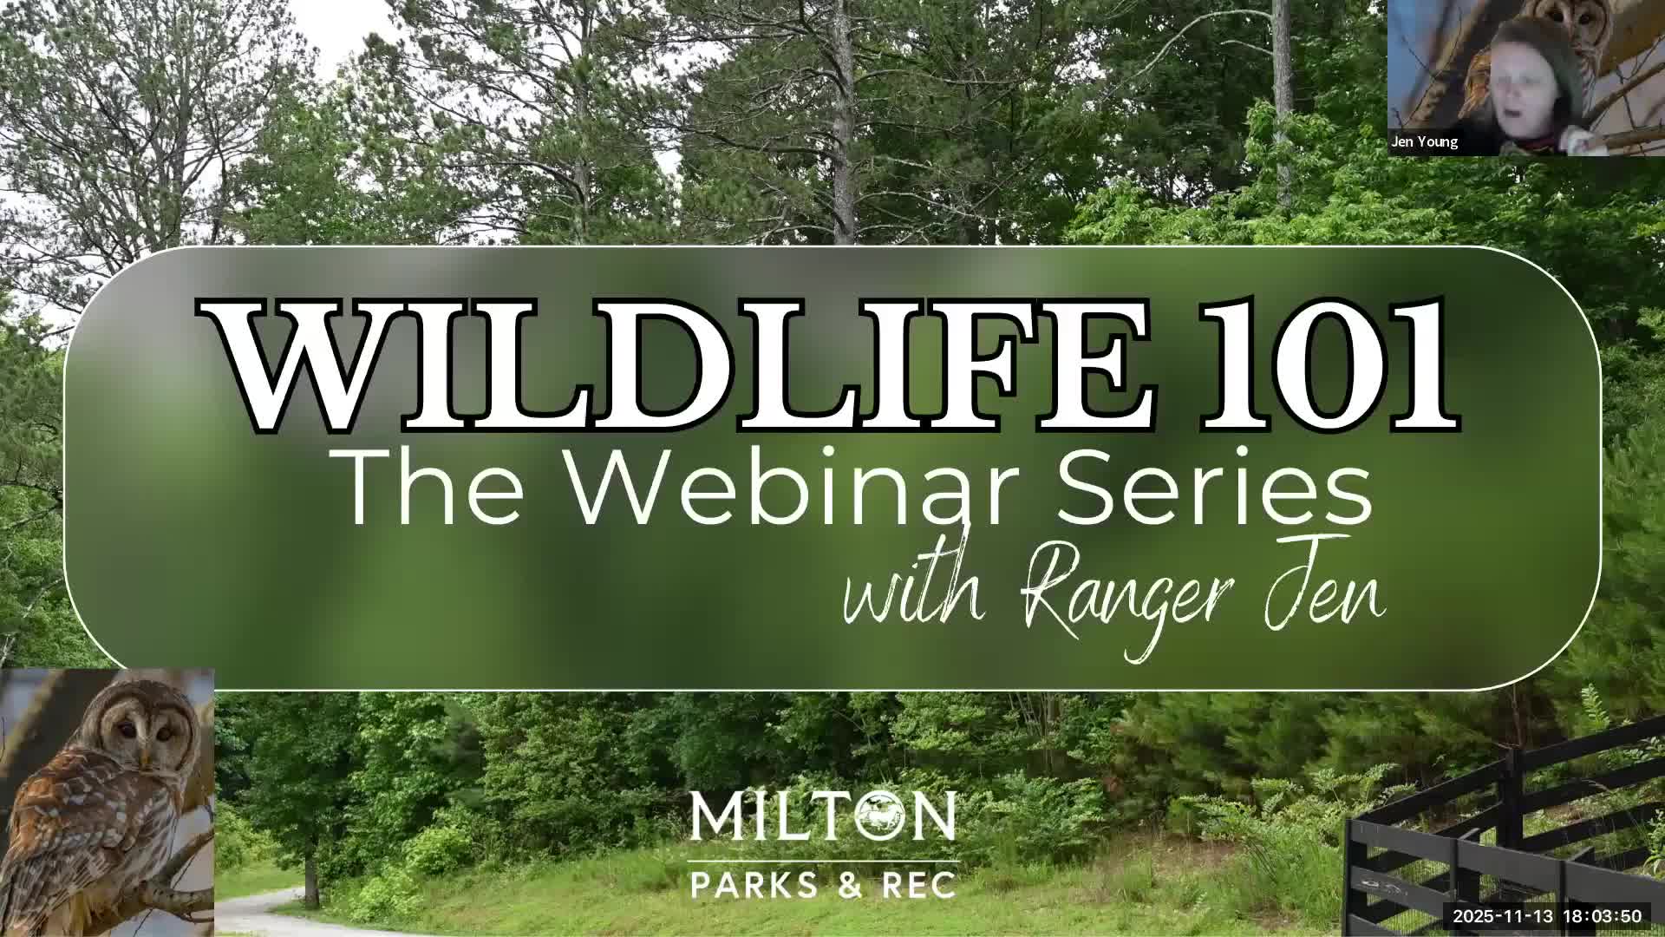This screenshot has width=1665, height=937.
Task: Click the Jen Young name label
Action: pyautogui.click(x=1425, y=141)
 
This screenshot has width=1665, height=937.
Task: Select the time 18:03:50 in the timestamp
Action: pyautogui.click(x=1603, y=916)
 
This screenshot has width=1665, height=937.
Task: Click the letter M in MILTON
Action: pyautogui.click(x=713, y=816)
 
